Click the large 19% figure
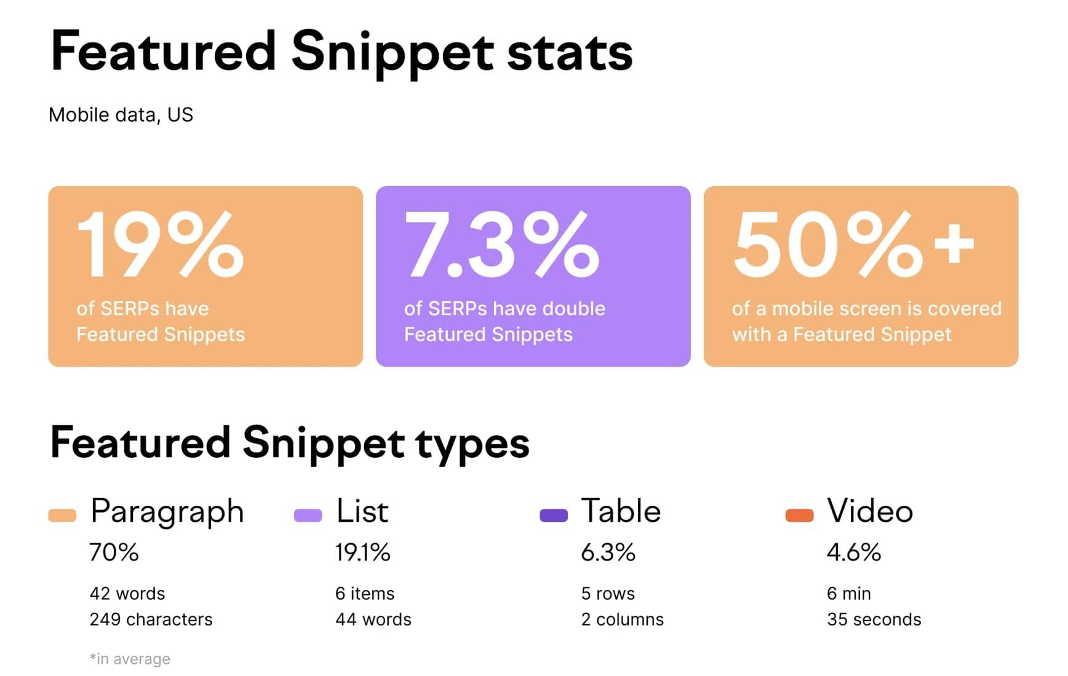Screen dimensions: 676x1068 160,244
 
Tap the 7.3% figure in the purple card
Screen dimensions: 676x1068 501,244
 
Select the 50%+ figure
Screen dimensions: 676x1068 853,244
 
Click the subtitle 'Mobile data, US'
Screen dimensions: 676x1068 121,115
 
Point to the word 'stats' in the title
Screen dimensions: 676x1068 570,52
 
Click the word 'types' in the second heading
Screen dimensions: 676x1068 472,444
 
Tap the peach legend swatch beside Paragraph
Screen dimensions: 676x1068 62,516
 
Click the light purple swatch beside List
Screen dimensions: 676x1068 308,516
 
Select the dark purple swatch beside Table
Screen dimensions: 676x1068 553,516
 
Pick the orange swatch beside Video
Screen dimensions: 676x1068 799,516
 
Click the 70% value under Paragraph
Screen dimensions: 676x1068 114,552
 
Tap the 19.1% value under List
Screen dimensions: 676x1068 362,552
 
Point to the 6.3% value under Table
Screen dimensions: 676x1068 608,552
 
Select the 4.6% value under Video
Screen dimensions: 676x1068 853,552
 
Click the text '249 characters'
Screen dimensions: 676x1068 151,619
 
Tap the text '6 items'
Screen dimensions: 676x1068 364,594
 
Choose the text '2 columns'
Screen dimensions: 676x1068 622,619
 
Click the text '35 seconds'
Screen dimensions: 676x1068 874,619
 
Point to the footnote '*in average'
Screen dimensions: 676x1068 130,659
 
